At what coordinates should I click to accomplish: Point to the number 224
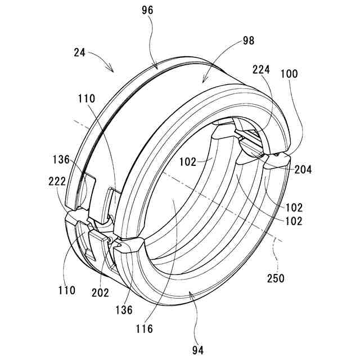(x=262, y=70)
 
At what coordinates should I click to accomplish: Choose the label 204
(x=303, y=168)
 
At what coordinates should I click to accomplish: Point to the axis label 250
(x=276, y=278)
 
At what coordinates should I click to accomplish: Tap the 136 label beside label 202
(x=124, y=309)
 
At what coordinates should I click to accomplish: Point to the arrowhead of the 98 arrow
(x=204, y=81)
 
